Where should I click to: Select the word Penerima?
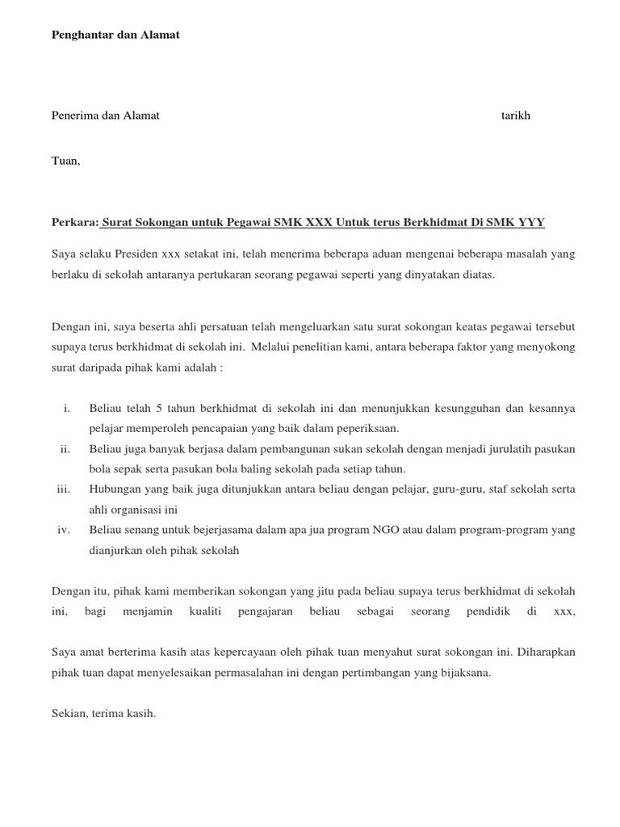click(73, 115)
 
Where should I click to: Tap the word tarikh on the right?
click(516, 115)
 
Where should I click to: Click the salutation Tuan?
click(66, 161)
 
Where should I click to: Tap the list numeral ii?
click(65, 449)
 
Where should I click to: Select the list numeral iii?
click(64, 489)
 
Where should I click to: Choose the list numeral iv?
click(65, 530)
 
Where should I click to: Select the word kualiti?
click(205, 611)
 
